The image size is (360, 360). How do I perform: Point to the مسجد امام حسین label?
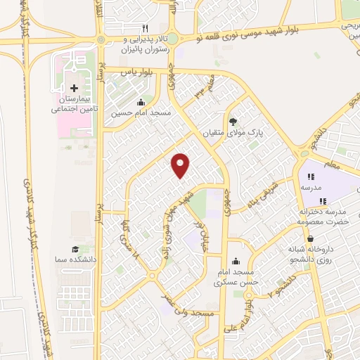click(x=141, y=112)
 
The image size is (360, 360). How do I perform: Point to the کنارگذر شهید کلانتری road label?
click(x=31, y=211)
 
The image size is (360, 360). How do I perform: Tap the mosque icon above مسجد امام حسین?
click(x=142, y=101)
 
